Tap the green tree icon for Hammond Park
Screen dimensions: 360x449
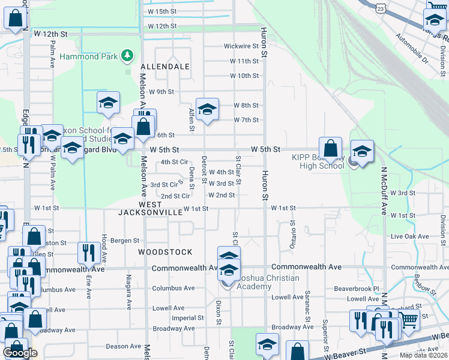pos(127,56)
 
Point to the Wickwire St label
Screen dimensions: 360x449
pos(241,46)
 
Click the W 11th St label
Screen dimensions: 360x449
pos(244,61)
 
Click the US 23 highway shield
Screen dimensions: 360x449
pos(381,8)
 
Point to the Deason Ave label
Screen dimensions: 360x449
pos(124,346)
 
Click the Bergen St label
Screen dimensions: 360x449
pos(124,241)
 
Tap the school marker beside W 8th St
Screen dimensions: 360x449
pos(207,110)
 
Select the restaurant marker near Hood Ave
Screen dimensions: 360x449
pos(89,253)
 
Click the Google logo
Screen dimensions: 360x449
pos(20,352)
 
